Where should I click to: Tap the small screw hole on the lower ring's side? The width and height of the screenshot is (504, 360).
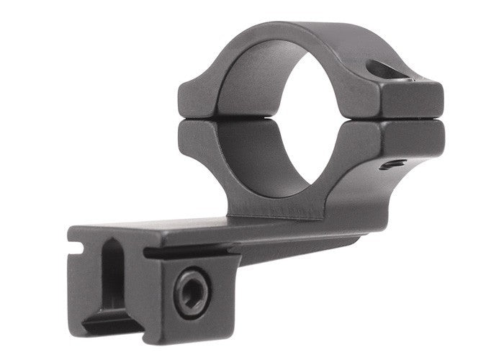pos(390,164)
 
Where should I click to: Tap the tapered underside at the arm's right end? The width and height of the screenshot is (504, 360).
pos(338,241)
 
